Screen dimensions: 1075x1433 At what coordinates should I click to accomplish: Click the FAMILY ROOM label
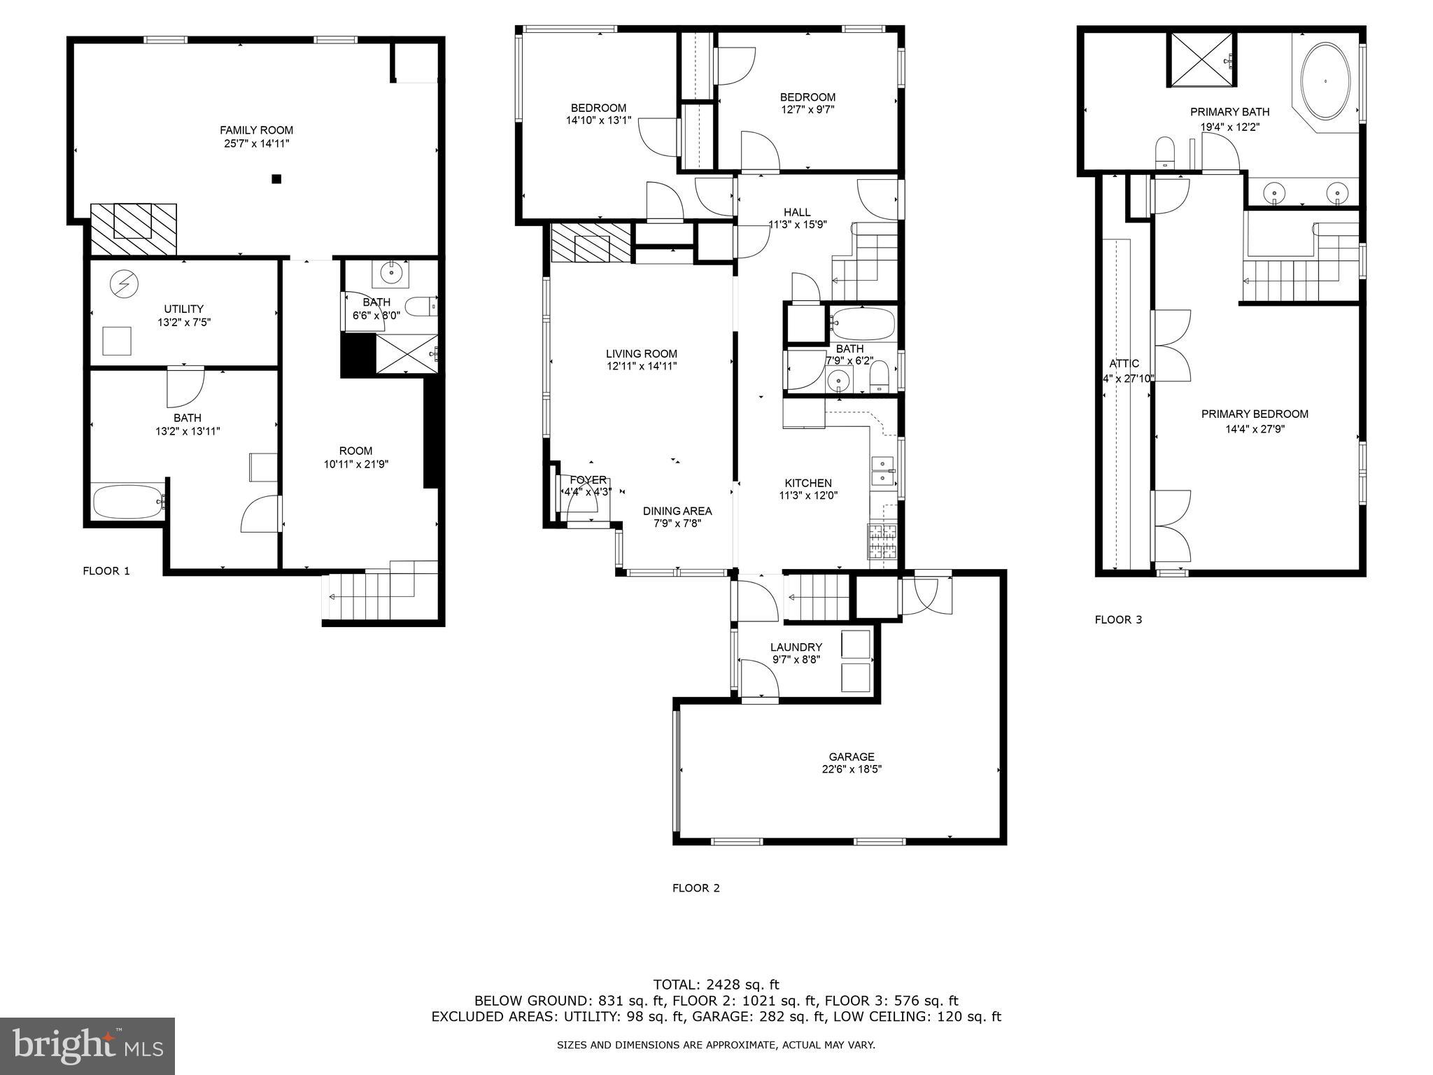pyautogui.click(x=256, y=130)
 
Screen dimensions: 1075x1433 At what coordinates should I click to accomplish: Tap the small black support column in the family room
pyautogui.click(x=276, y=179)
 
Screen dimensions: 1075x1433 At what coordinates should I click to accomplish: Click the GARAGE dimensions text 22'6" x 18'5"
pyautogui.click(x=851, y=769)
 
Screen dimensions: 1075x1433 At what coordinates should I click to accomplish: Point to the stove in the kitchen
pyautogui.click(x=882, y=541)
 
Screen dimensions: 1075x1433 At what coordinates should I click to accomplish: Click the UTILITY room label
pyautogui.click(x=184, y=309)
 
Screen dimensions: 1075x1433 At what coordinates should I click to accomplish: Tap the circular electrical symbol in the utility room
pyautogui.click(x=125, y=283)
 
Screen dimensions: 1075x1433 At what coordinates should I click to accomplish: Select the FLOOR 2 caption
pyautogui.click(x=696, y=888)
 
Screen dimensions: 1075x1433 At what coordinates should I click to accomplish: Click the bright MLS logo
pyautogui.click(x=87, y=1046)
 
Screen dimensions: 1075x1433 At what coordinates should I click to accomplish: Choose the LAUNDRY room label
pyautogui.click(x=796, y=647)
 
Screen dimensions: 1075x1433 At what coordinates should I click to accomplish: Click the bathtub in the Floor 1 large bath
pyautogui.click(x=129, y=501)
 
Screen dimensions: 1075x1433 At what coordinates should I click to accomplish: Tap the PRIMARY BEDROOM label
pyautogui.click(x=1255, y=414)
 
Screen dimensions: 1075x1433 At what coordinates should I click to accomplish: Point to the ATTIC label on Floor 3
pyautogui.click(x=1124, y=364)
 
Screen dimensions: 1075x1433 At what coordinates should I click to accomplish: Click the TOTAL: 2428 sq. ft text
pyautogui.click(x=716, y=985)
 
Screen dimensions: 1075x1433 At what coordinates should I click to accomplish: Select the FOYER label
pyautogui.click(x=588, y=480)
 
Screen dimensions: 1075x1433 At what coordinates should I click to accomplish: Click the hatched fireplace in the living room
pyautogui.click(x=591, y=243)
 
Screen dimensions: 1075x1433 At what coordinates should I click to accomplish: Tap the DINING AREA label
pyautogui.click(x=677, y=511)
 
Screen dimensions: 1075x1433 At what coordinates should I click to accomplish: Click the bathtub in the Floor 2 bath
pyautogui.click(x=863, y=324)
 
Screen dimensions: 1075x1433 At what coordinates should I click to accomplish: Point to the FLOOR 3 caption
pyautogui.click(x=1118, y=619)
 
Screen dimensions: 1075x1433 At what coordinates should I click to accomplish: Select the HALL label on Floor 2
pyautogui.click(x=797, y=212)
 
